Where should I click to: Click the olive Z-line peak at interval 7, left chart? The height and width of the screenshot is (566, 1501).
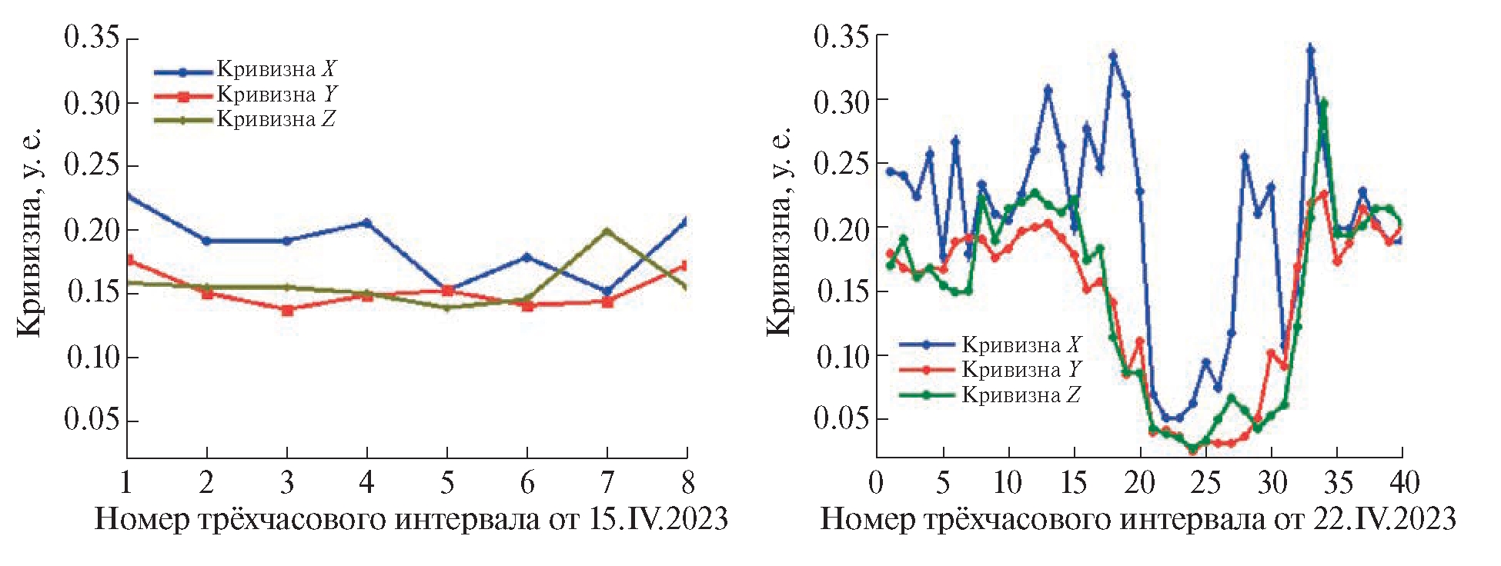click(607, 231)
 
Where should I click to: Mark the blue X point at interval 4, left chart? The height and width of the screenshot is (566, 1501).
click(367, 223)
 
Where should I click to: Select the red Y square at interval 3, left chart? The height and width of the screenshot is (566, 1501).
click(287, 310)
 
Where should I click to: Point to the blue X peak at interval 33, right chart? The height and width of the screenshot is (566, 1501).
click(1311, 50)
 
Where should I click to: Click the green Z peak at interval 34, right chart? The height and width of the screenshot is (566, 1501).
click(1324, 103)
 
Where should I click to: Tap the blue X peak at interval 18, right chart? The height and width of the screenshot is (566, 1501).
click(1113, 55)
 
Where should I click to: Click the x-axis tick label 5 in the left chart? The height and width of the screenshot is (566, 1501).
click(447, 483)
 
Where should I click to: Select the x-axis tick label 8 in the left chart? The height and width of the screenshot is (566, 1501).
click(687, 483)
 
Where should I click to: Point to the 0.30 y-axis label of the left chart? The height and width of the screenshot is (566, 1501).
click(92, 103)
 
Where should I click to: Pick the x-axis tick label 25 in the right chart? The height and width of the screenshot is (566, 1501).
click(1206, 483)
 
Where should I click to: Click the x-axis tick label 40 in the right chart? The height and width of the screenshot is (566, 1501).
click(1403, 483)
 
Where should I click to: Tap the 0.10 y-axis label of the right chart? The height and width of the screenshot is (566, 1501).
click(841, 357)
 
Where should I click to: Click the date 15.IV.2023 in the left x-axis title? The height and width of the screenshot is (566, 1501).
click(659, 520)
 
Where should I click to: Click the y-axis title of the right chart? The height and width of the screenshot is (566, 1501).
click(780, 231)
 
